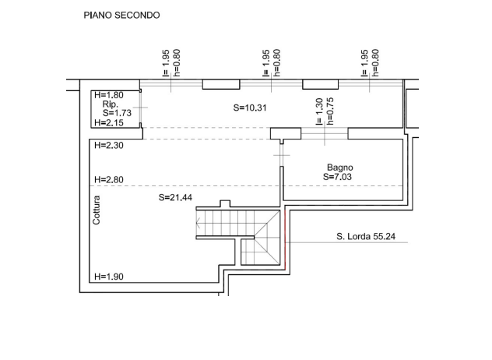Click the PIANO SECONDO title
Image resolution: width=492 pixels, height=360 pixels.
[x=121, y=15]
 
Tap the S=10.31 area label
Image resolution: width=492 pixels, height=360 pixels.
[x=250, y=108]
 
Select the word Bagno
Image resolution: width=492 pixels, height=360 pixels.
[x=340, y=168]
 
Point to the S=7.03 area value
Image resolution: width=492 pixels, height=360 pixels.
[x=337, y=177]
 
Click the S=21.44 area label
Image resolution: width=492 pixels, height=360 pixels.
[x=175, y=197]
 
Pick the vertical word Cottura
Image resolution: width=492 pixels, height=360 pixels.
[x=97, y=210]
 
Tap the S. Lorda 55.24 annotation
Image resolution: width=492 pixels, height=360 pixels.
[x=366, y=236]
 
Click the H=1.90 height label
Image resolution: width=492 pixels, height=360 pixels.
[x=108, y=277]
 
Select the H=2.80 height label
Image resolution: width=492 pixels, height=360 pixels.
[x=108, y=180]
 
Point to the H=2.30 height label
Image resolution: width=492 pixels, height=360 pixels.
[x=108, y=145]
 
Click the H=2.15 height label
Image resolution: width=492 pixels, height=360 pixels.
[x=108, y=122]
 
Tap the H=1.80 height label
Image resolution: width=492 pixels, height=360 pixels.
[x=108, y=95]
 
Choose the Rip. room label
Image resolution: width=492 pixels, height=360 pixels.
[x=110, y=104]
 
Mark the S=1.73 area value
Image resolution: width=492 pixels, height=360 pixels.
[x=117, y=113]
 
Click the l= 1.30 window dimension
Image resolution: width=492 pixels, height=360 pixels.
[x=319, y=111]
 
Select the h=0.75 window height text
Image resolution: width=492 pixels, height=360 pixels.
[x=329, y=111]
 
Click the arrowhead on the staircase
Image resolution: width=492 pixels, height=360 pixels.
[x=198, y=224]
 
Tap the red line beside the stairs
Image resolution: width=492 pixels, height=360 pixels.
[x=285, y=240]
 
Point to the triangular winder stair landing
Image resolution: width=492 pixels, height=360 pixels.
[x=267, y=238]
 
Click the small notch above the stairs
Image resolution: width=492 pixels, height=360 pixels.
[x=225, y=203]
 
